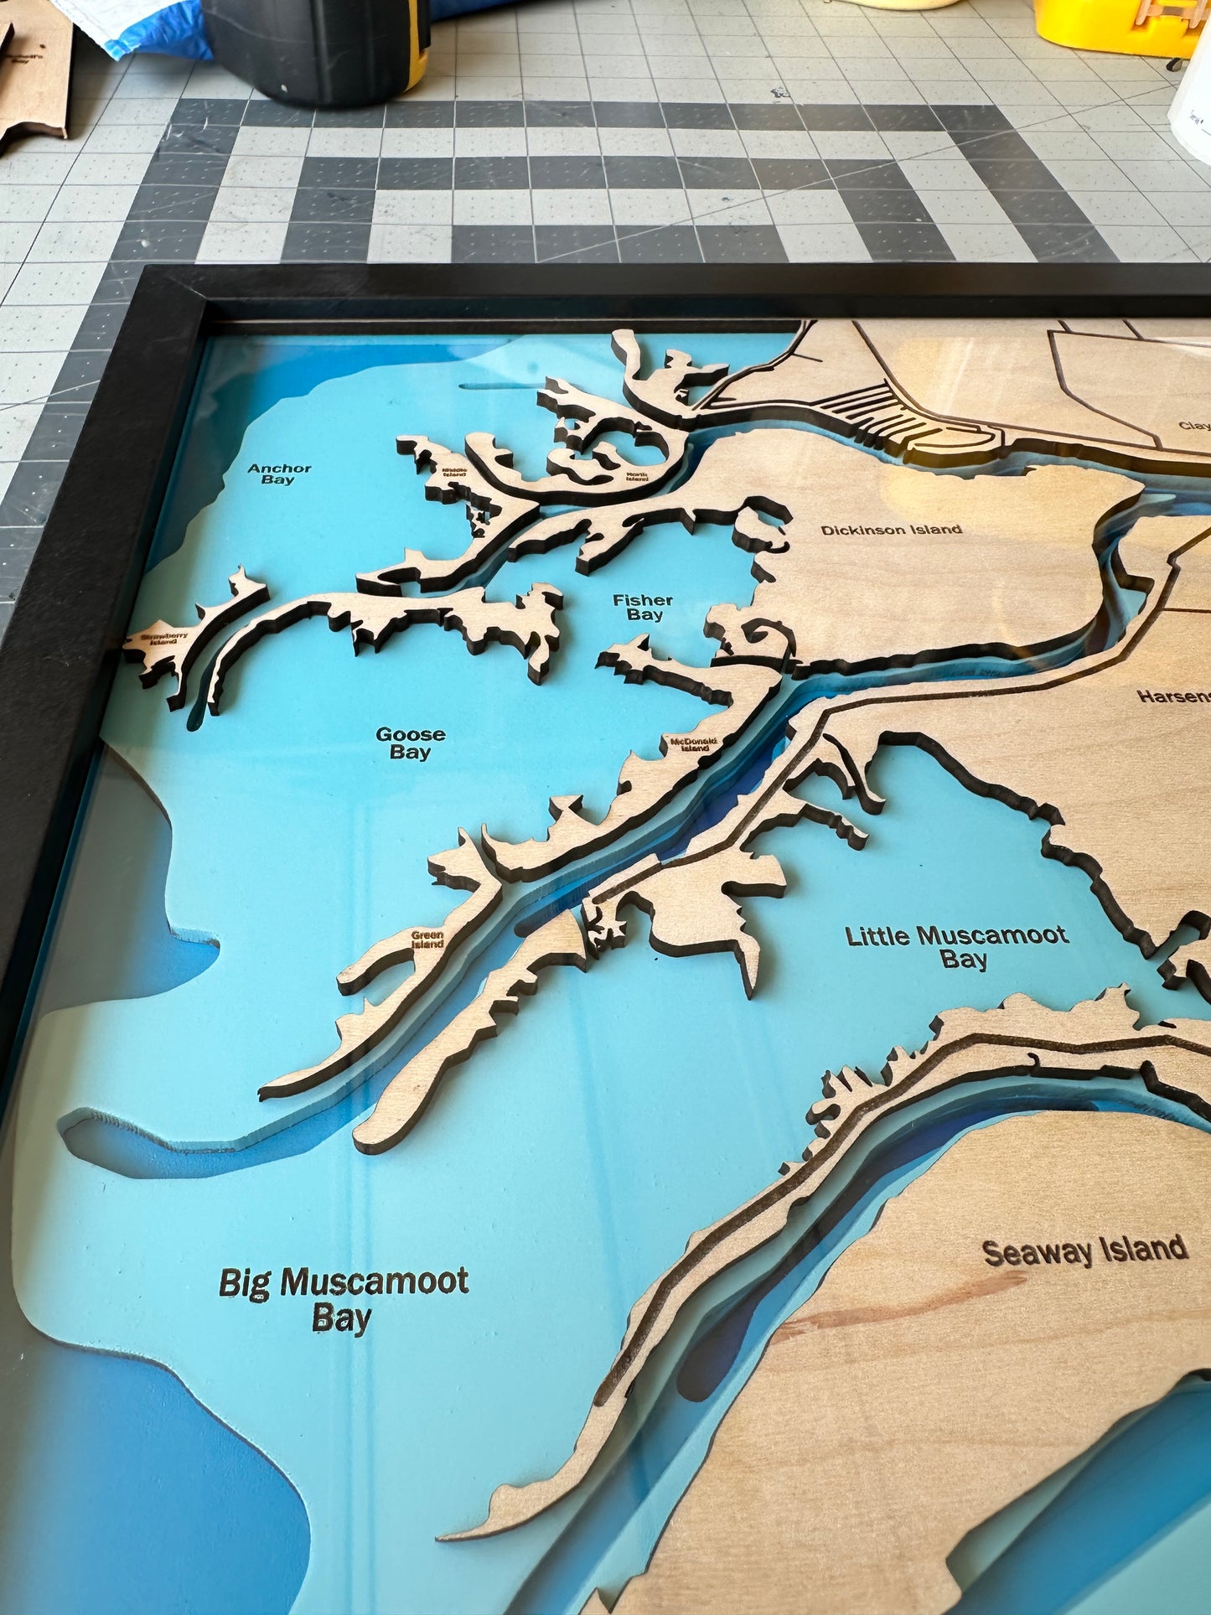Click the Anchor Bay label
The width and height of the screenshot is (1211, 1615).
278,474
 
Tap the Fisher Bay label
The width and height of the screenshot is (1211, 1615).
643,608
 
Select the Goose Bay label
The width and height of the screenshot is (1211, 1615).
410,743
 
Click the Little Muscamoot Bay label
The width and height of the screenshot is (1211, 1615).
957,947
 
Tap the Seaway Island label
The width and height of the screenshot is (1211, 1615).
1084,1251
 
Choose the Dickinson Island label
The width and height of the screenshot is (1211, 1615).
891,530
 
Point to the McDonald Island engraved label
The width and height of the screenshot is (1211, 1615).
690,743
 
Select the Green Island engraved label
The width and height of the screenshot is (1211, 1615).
427,939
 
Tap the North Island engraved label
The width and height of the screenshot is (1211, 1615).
638,476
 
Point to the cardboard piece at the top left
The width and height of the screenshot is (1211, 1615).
34,75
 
